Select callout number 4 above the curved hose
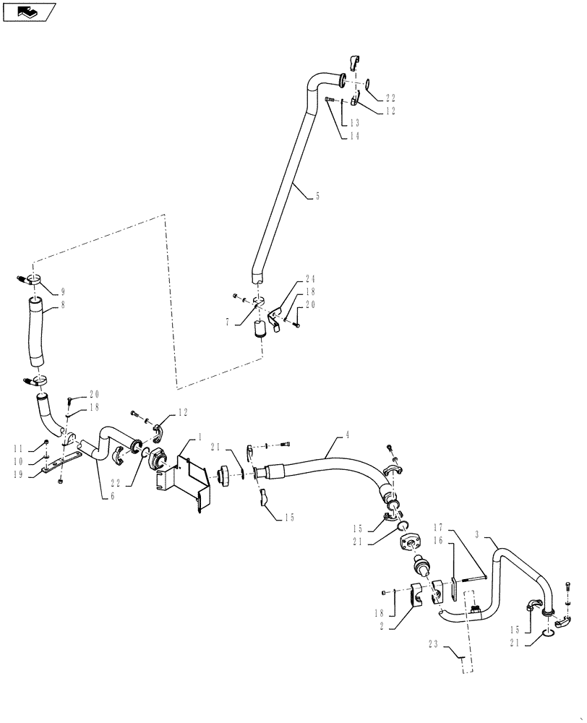(347, 435)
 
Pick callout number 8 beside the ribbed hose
(63, 305)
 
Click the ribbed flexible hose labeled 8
(40, 333)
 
